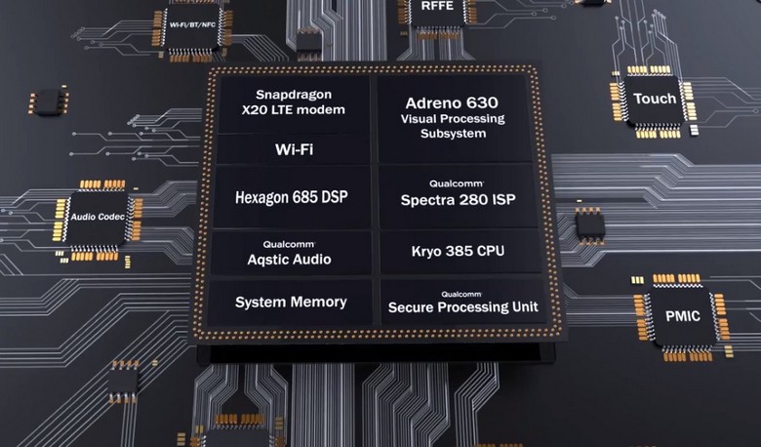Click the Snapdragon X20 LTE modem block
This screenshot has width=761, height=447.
pos(294,103)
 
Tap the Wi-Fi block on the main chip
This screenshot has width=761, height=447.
pos(294,149)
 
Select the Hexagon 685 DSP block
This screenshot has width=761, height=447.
pos(292,197)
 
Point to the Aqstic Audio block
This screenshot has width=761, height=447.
pos(290,254)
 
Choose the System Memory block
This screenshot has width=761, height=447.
pos(290,303)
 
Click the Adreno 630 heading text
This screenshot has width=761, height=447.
pos(452,102)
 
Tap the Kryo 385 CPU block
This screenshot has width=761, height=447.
pos(460,252)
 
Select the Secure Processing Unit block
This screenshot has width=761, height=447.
pos(462,302)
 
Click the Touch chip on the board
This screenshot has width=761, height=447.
pos(655,100)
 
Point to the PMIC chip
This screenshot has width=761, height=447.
pos(682,316)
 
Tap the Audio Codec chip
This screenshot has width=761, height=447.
pos(98,217)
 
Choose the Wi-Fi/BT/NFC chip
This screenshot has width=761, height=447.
pos(192,25)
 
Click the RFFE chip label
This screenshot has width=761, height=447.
pos(437,6)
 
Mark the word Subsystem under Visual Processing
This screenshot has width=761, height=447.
pos(454,134)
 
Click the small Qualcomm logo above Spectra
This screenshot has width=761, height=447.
pos(457,183)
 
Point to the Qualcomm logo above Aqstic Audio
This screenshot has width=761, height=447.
pos(289,244)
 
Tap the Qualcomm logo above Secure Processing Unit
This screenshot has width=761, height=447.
pos(461,294)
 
